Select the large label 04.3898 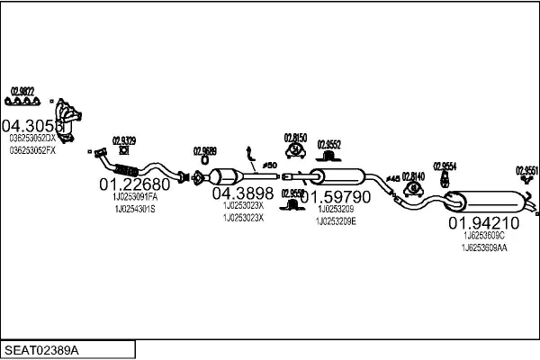[242, 193]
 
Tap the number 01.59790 [336, 196]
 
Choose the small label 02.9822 [22, 91]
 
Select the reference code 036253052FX [32, 149]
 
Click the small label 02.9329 [124, 139]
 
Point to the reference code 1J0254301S [134, 209]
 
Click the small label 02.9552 [328, 144]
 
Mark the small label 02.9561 [526, 169]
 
